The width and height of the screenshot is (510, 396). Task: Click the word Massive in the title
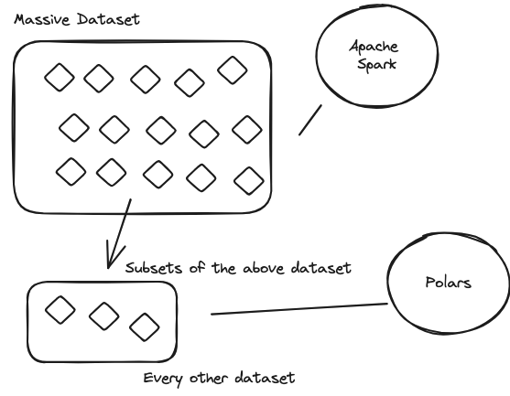(42, 18)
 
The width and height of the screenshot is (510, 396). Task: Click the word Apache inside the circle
(371, 48)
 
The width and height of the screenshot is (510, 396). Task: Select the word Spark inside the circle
(373, 65)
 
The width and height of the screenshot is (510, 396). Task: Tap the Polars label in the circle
(449, 283)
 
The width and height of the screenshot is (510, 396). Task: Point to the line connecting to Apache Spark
(311, 120)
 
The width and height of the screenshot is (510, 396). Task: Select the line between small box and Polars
(298, 309)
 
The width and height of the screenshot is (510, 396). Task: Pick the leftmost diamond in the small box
(60, 309)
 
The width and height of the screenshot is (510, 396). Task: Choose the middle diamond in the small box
(103, 316)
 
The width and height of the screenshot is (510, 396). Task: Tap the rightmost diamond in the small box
(144, 326)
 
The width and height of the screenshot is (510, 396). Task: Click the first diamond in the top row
(59, 78)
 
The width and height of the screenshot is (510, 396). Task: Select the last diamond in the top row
(232, 70)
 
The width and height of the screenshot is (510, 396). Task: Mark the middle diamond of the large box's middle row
(160, 129)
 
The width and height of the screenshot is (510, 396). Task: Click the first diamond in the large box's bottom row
(71, 170)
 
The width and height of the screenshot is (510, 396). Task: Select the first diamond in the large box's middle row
(74, 128)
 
